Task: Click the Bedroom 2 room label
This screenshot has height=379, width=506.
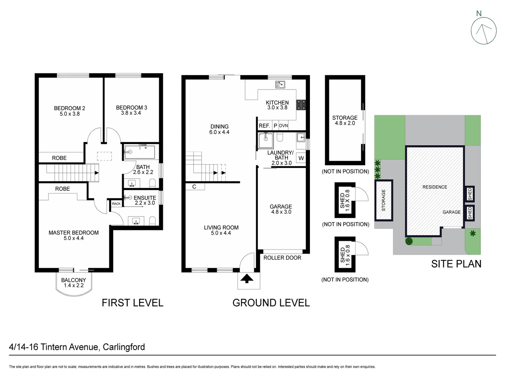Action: coord(69,111)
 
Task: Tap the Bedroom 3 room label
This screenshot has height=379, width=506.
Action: coord(131,110)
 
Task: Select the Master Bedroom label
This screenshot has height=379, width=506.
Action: coord(73,235)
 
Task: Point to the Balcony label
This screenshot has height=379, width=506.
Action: coord(73,282)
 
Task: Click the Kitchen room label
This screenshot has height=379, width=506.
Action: coord(277,105)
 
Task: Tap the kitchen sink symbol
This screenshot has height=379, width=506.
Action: coord(280,85)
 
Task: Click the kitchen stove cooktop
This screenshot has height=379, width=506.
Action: coord(301,104)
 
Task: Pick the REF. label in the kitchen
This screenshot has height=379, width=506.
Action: coord(264,126)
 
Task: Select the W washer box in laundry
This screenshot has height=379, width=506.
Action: coord(301,158)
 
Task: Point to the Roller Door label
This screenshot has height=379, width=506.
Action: coord(282,258)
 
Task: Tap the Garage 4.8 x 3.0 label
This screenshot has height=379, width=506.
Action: coord(281,209)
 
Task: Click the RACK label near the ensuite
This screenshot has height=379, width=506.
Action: coord(116,204)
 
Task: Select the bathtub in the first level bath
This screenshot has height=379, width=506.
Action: coord(140,152)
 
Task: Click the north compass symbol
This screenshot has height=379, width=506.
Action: coord(484,30)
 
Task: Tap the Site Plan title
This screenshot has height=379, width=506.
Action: coord(456,264)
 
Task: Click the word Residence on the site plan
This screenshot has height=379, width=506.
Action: coord(435,187)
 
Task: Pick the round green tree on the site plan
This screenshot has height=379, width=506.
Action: coord(409,241)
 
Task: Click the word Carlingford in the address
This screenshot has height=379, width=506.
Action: coord(124,347)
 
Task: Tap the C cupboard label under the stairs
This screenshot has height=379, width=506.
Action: coord(194,187)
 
